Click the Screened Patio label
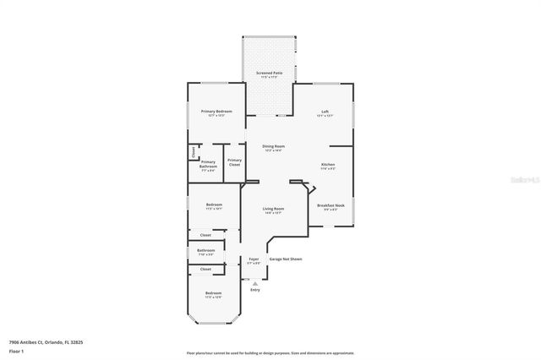click(x=270, y=74)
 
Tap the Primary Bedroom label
click(x=216, y=112)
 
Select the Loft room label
click(x=325, y=112)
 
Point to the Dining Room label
click(x=273, y=146)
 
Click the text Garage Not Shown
click(x=285, y=259)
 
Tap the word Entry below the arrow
click(x=254, y=290)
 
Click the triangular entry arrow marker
click(x=254, y=283)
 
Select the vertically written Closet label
click(x=193, y=153)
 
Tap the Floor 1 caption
click(x=17, y=351)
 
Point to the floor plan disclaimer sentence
click(x=270, y=352)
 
